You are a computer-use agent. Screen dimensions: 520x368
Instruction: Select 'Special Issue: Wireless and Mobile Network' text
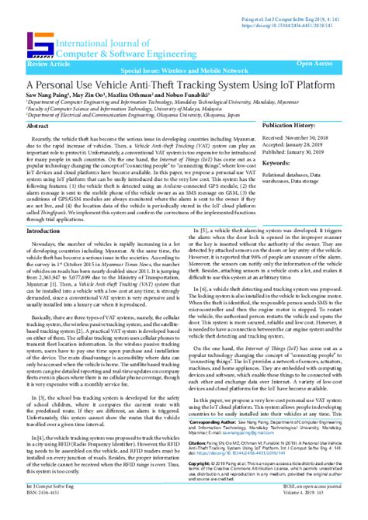(184, 68)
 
